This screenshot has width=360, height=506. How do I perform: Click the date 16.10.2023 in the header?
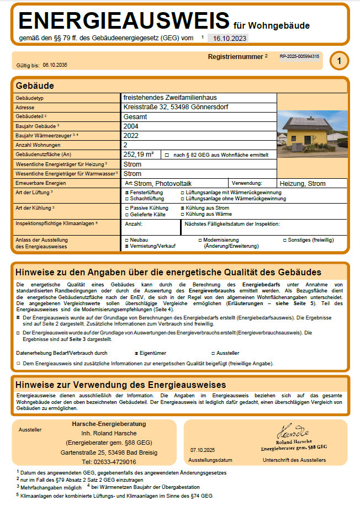pyautogui.click(x=227, y=38)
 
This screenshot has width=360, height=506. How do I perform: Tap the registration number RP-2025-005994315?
pyautogui.click(x=299, y=57)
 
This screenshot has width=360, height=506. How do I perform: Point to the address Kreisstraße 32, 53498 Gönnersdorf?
pyautogui.click(x=174, y=107)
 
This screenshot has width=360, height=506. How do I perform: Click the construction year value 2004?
pyautogui.click(x=131, y=126)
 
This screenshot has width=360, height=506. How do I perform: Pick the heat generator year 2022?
pyautogui.click(x=131, y=135)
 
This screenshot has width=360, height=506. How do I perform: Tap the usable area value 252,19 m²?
pyautogui.click(x=139, y=155)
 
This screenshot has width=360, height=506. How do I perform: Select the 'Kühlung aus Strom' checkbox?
pyautogui.click(x=183, y=208)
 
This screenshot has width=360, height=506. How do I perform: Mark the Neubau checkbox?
pyautogui.click(x=127, y=241)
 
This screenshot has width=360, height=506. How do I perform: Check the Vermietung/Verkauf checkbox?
pyautogui.click(x=127, y=247)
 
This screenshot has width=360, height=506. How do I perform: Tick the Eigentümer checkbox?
pyautogui.click(x=137, y=353)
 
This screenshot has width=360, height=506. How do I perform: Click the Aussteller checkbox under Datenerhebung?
pyautogui.click(x=213, y=353)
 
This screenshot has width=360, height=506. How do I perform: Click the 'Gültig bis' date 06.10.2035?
pyautogui.click(x=55, y=65)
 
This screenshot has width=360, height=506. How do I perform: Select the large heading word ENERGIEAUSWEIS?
pyautogui.click(x=124, y=21)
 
